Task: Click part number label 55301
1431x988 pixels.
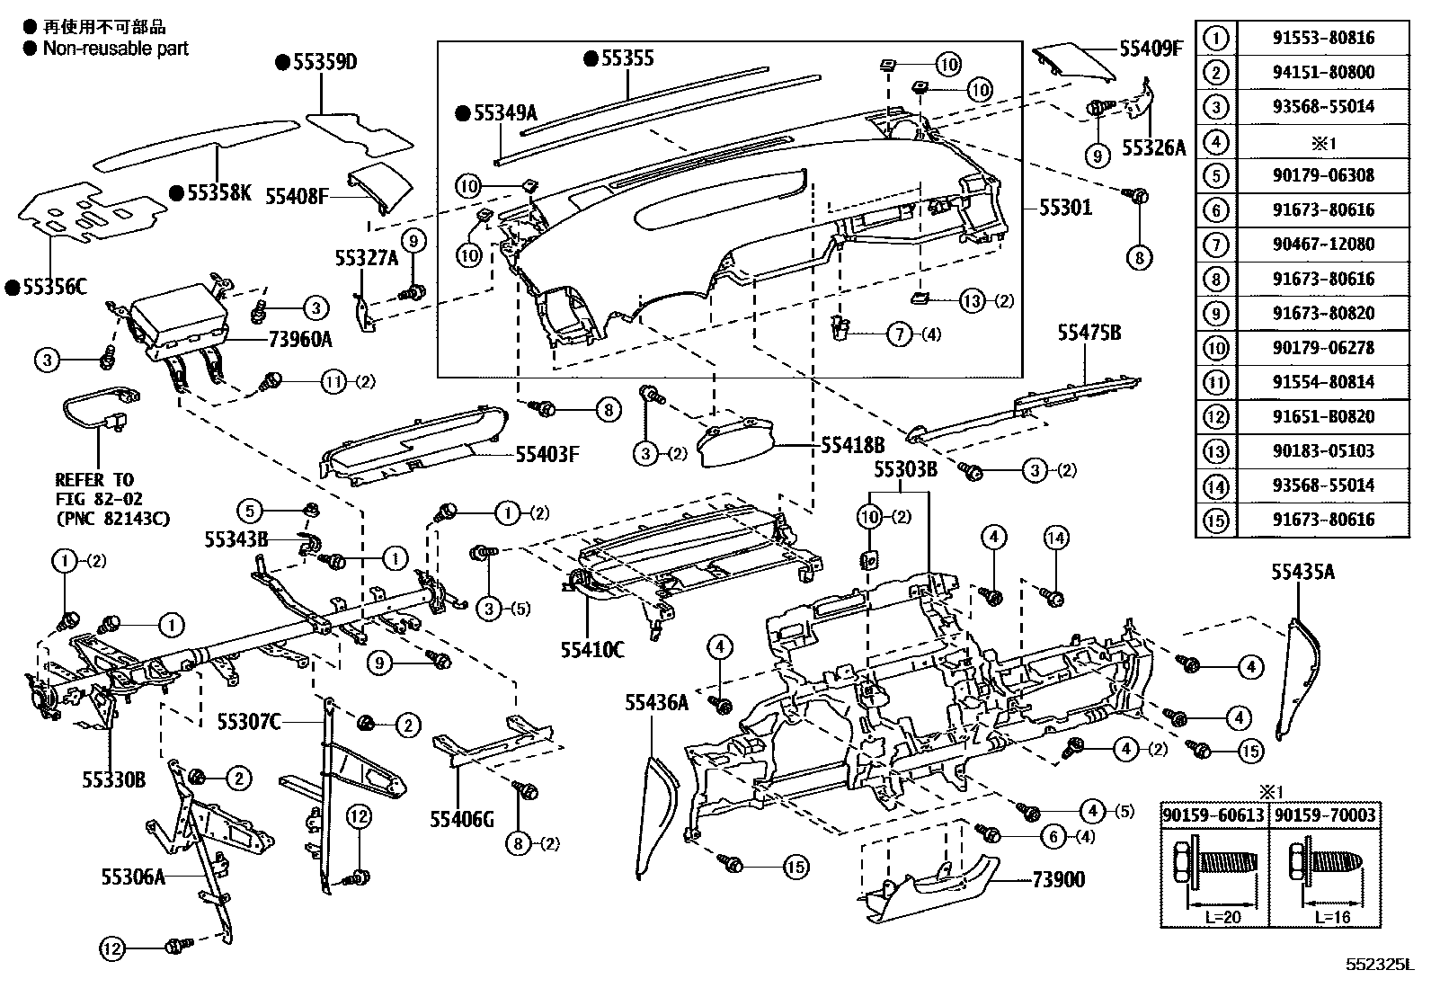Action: pos(1065,208)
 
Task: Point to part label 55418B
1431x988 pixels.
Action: pos(852,445)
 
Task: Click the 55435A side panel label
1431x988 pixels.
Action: pos(1302,571)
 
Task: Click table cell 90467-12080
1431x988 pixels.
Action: pos(1322,245)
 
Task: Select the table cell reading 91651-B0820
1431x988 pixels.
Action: pos(1322,417)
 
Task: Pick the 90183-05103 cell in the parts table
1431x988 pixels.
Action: pos(1322,451)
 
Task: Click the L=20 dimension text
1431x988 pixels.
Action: pos(1213,919)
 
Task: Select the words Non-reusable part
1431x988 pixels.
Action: pos(115,49)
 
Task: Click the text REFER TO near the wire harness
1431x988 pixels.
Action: pos(93,480)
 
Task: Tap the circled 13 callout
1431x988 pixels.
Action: pos(973,301)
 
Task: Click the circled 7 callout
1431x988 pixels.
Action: pos(900,334)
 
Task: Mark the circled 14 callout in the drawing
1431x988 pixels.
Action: pos(1056,539)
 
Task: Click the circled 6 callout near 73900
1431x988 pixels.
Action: pos(1053,836)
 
